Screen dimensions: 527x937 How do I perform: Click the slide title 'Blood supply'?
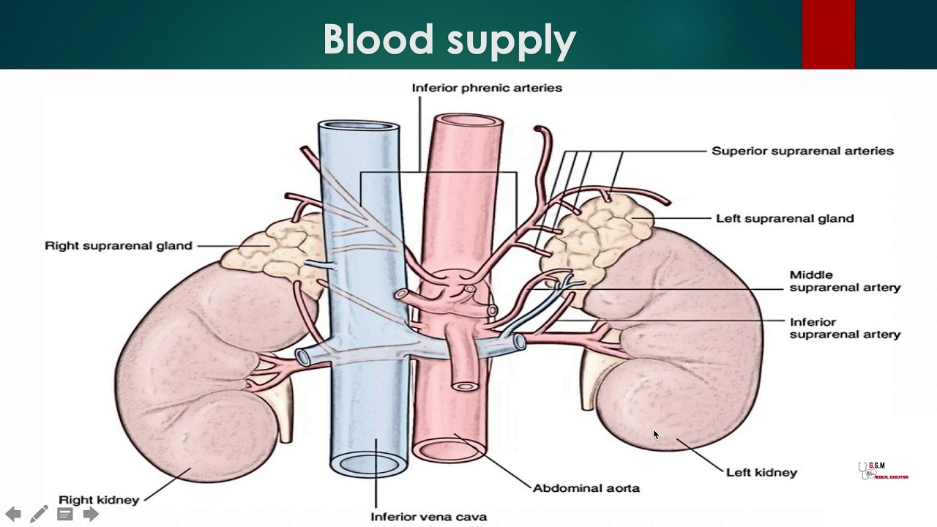pyautogui.click(x=449, y=40)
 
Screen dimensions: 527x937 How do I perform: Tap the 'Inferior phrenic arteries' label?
pyautogui.click(x=487, y=88)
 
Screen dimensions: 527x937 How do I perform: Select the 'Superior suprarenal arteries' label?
pyautogui.click(x=802, y=151)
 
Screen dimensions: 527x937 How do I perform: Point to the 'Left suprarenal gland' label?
pyautogui.click(x=785, y=218)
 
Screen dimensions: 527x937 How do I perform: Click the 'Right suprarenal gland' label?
pyautogui.click(x=119, y=246)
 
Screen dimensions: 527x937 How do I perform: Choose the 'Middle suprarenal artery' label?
pyautogui.click(x=845, y=281)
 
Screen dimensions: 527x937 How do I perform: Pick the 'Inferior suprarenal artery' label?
pyautogui.click(x=845, y=328)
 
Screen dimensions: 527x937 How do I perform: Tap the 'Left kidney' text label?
pyautogui.click(x=761, y=473)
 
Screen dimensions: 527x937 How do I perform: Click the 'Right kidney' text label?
pyautogui.click(x=99, y=501)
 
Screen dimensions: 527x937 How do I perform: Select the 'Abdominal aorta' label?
pyautogui.click(x=586, y=488)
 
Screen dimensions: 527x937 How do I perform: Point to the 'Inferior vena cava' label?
pyautogui.click(x=428, y=517)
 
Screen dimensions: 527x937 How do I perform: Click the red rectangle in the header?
pyautogui.click(x=828, y=34)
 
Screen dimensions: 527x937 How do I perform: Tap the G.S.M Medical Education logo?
pyautogui.click(x=882, y=471)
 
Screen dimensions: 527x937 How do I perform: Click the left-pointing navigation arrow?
pyautogui.click(x=13, y=514)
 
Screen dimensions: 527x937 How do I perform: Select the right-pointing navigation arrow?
pyautogui.click(x=91, y=514)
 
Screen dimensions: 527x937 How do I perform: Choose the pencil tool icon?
pyautogui.click(x=39, y=514)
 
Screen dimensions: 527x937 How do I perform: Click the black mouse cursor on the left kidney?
pyautogui.click(x=656, y=435)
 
